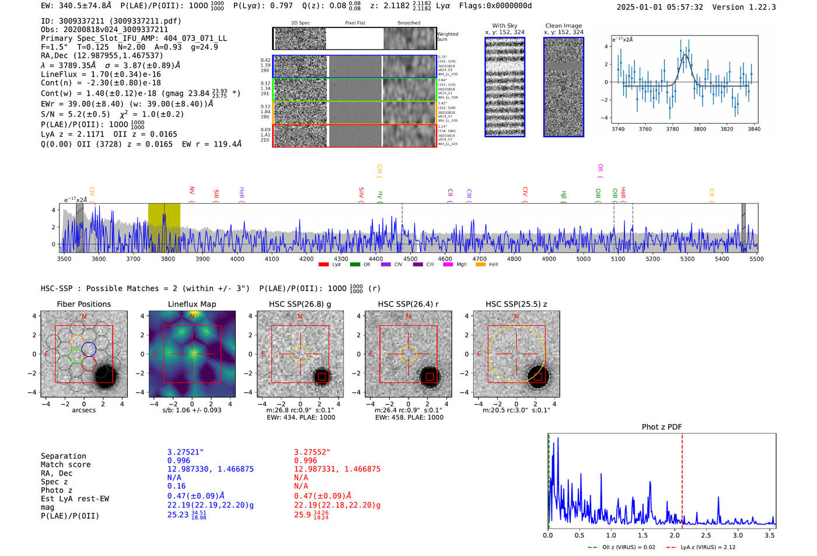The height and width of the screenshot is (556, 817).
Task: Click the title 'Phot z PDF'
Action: point(662,426)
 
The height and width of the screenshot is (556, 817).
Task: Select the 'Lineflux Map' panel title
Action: point(191,304)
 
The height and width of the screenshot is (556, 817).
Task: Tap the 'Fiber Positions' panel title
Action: point(83,304)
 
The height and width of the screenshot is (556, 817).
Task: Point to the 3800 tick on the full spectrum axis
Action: point(167,258)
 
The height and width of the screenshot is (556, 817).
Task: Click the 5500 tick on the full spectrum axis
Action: point(756,258)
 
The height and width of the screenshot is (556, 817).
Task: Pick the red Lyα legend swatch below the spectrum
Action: point(323,265)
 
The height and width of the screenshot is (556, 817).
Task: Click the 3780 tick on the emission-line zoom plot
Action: point(672,129)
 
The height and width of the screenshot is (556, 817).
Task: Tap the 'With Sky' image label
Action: point(505,26)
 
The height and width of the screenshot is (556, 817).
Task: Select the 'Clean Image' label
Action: point(563,26)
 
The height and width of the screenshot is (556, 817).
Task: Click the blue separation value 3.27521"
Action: point(185,452)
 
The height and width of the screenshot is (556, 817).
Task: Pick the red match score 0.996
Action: point(305,460)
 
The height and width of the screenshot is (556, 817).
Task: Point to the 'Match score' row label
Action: point(65,464)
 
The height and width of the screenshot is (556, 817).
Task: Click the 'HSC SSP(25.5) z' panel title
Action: point(516,304)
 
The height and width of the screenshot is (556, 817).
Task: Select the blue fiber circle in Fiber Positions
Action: point(89,349)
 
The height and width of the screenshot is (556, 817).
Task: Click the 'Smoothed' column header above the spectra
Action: point(408,23)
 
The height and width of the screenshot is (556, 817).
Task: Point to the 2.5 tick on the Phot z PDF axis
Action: point(706,535)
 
